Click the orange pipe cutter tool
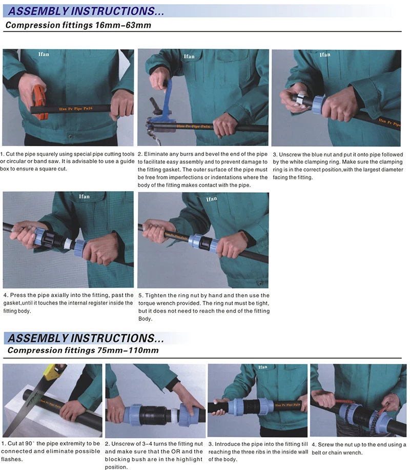39,101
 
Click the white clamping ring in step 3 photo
301,99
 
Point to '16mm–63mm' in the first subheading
123,25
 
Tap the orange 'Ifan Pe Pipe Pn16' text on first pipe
76,109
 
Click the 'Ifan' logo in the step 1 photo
44,54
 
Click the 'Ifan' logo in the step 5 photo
212,199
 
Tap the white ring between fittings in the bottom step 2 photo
174,415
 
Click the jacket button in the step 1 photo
70,137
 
